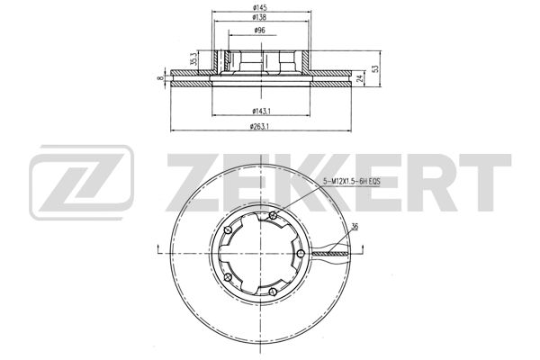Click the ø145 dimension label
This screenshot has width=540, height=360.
260,7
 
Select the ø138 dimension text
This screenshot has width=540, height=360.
260,17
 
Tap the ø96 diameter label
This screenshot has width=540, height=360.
259,31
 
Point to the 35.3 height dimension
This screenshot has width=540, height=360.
194,59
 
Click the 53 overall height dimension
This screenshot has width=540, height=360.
376,68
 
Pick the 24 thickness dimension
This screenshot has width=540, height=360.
359,78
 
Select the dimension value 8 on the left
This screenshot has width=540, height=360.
160,78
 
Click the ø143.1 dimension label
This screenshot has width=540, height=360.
262,111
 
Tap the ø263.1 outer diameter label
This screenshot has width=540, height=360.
259,126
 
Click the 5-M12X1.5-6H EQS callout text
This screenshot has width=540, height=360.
351,182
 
